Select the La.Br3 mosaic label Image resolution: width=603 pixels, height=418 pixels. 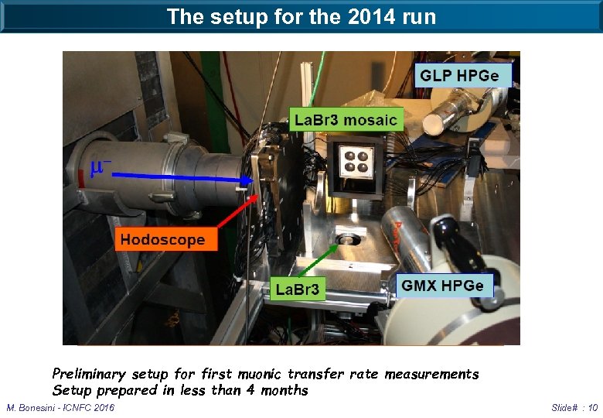pyautogui.click(x=346, y=119)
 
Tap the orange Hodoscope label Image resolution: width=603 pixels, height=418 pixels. pyautogui.click(x=162, y=239)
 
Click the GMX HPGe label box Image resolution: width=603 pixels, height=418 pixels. pyautogui.click(x=442, y=286)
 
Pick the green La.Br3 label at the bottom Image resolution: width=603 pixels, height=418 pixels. pyautogui.click(x=297, y=289)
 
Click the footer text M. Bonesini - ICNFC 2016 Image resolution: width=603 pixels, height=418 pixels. pyautogui.click(x=60, y=408)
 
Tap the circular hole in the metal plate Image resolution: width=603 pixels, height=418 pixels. pyautogui.click(x=349, y=236)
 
